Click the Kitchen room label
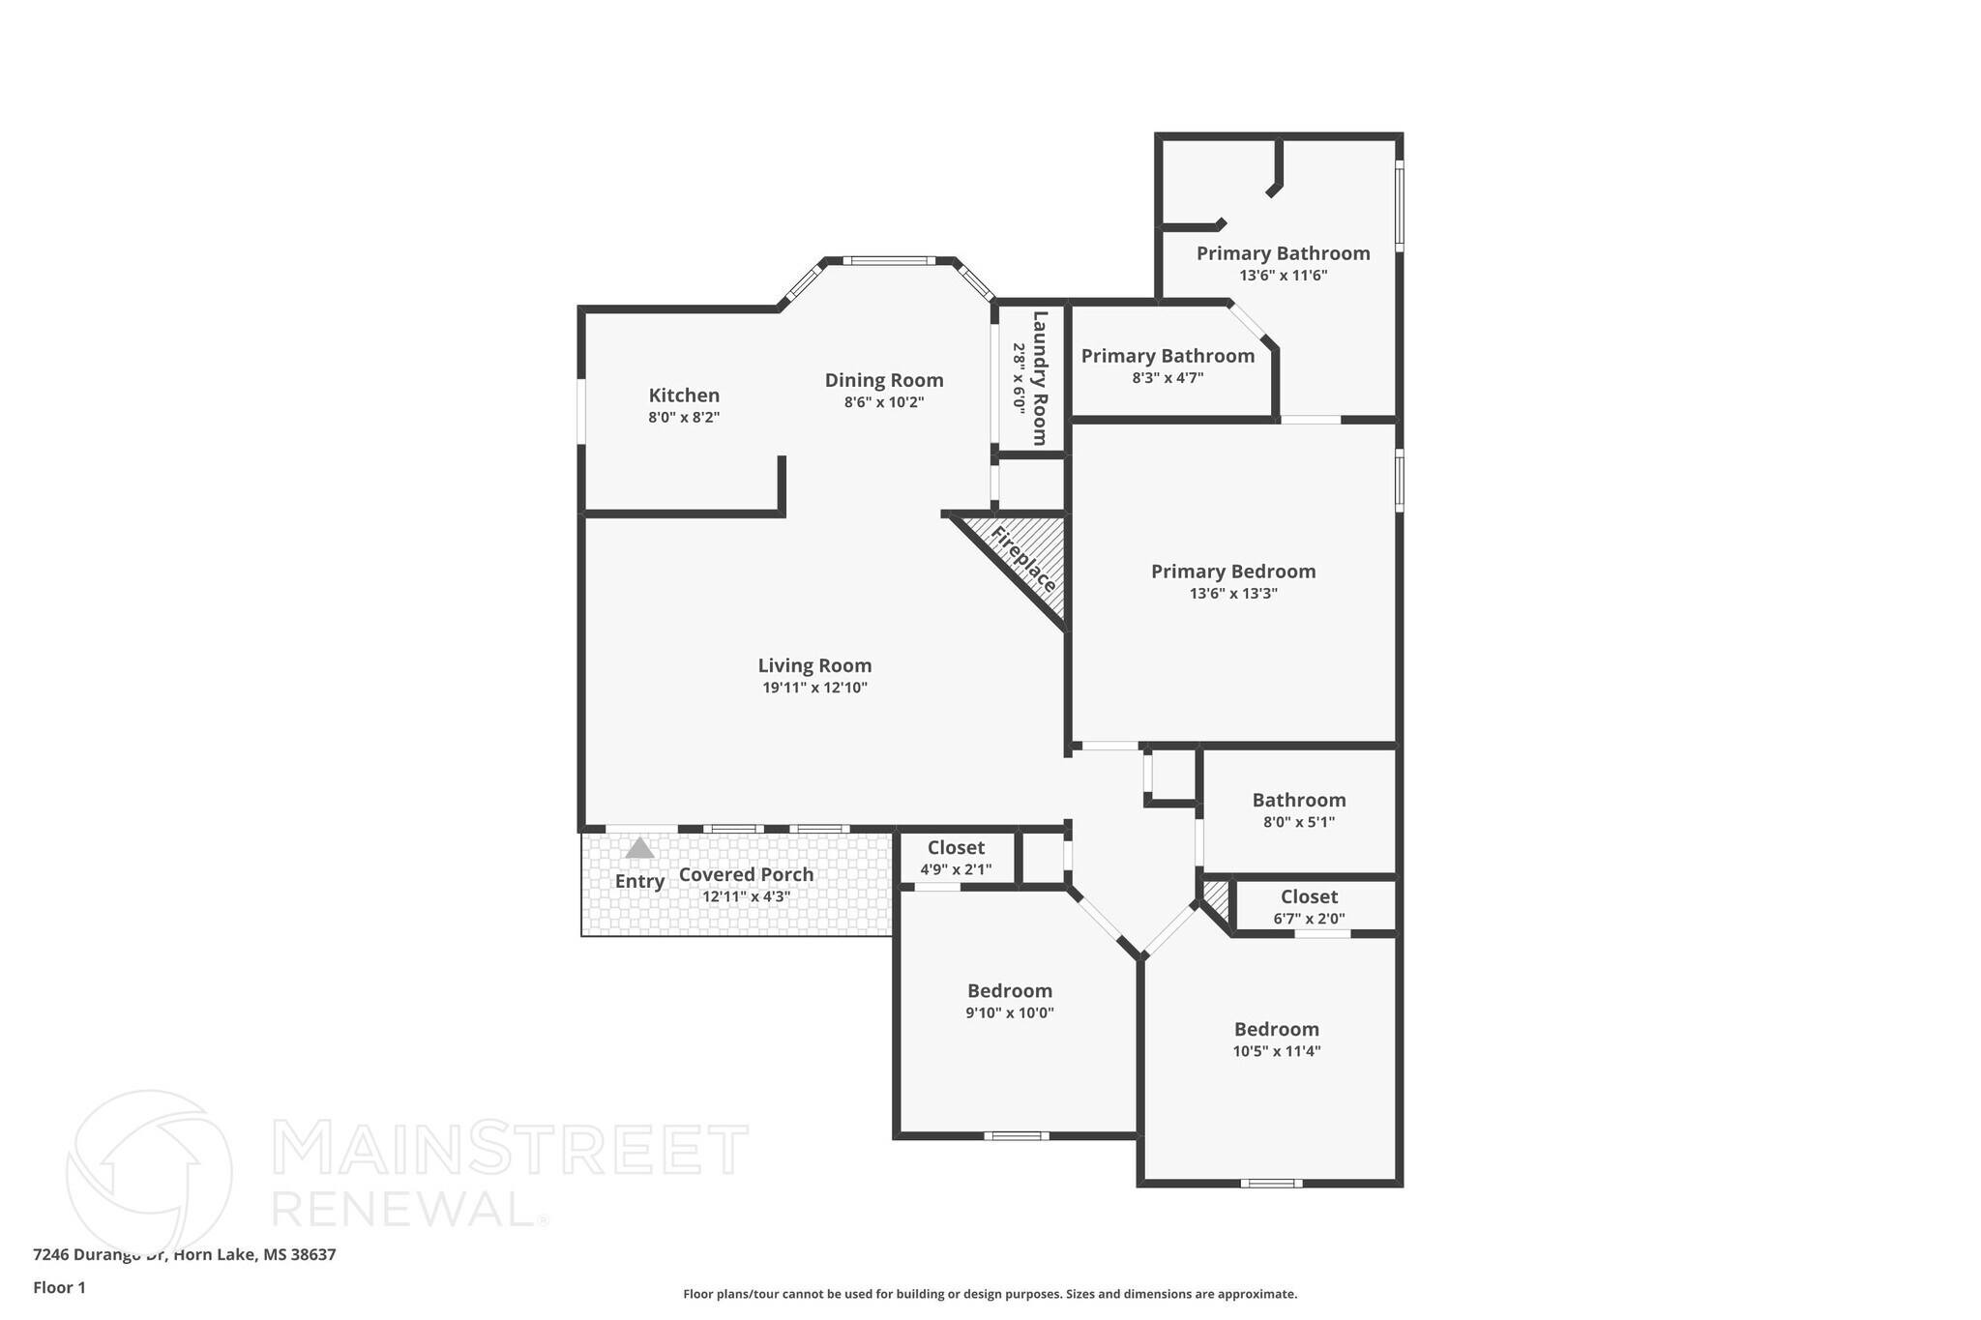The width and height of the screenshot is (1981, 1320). [684, 396]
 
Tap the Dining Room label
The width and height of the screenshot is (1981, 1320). [883, 380]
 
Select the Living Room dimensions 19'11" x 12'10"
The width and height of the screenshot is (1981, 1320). [814, 689]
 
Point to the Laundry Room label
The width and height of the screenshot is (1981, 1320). [1040, 377]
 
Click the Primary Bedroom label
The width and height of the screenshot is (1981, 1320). [1233, 572]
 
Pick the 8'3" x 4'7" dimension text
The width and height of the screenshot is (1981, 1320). [1168, 378]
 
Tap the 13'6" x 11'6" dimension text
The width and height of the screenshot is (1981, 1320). [1283, 276]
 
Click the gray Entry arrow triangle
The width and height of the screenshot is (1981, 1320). [639, 848]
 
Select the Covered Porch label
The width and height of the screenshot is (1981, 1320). [746, 875]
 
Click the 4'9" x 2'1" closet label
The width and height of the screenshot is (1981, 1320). [956, 869]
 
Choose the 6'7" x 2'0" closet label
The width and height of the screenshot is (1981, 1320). [1309, 919]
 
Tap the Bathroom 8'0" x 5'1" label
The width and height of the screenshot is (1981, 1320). [1299, 809]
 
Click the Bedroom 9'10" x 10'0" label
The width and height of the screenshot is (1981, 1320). [1010, 1001]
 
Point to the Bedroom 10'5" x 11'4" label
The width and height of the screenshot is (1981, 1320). [1276, 1040]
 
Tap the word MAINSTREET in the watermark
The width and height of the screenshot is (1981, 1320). [511, 1149]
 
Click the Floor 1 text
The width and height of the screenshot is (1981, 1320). [59, 1288]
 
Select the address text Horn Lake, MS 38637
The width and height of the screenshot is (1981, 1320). [255, 1255]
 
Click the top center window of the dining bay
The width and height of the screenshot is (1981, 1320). [888, 260]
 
